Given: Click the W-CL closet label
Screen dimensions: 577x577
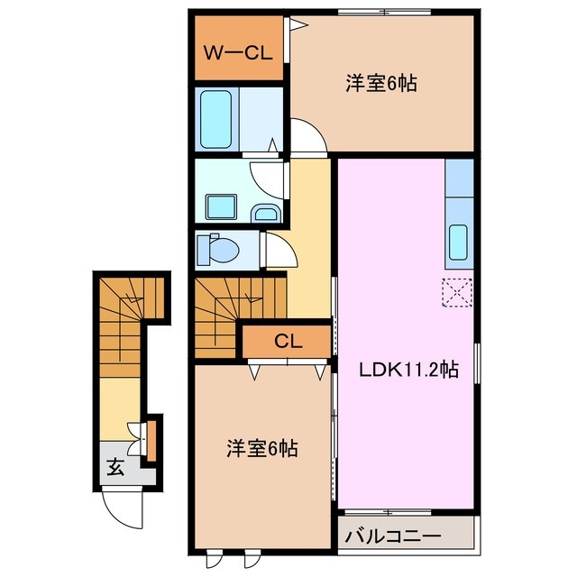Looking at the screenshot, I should coord(237,52).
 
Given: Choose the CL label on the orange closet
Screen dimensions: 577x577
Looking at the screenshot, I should coord(288,342).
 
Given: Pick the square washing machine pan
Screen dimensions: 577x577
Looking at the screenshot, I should coord(218,206).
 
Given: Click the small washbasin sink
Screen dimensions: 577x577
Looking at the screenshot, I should coord(266,213).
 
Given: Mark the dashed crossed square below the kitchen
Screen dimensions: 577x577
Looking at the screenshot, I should coord(457,292).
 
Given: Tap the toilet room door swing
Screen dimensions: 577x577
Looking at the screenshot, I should coord(279,248).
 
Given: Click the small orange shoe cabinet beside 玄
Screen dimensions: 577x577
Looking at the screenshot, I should coord(151,435).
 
